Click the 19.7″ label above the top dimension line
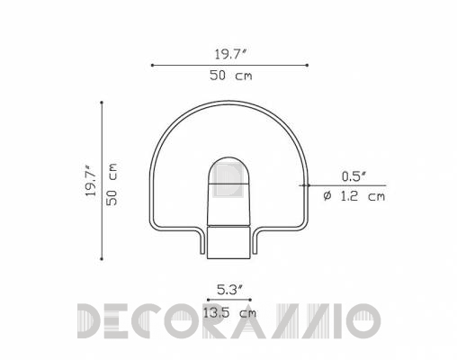tap(230, 54)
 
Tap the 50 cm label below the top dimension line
tap(231, 76)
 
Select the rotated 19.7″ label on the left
tap(91, 181)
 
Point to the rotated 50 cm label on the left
tap(112, 184)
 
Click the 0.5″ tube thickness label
tap(354, 176)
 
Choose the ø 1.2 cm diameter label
tap(354, 196)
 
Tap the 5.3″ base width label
tap(229, 290)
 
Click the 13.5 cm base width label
tap(229, 313)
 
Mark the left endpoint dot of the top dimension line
tap(152, 65)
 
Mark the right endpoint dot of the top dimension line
tap(307, 65)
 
